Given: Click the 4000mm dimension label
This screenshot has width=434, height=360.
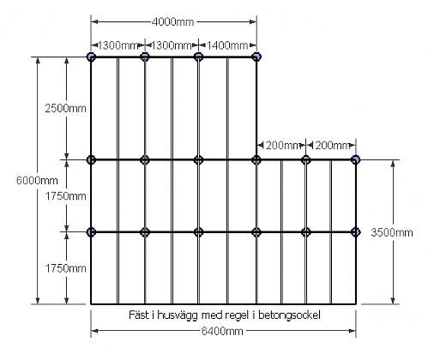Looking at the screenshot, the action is point(172,21).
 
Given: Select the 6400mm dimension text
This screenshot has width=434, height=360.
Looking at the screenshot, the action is point(222,331).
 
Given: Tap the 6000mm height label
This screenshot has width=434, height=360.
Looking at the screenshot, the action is point(37,181).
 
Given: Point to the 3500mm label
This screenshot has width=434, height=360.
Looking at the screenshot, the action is point(392,232).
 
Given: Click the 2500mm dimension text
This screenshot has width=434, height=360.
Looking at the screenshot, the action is point(65,108).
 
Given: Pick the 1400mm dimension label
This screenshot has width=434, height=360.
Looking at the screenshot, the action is point(227,45).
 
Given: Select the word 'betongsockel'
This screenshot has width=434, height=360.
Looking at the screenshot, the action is point(289,315).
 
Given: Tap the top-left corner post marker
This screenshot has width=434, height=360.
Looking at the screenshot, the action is point(91,57).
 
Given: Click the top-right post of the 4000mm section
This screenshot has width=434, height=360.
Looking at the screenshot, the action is point(256,57).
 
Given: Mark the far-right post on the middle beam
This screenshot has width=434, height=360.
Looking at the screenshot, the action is point(356,159).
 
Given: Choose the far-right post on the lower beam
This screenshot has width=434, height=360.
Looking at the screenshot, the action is point(356,232).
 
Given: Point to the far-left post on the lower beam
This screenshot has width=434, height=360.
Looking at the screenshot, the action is point(91,232).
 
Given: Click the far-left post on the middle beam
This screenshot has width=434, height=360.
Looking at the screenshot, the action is point(91,159).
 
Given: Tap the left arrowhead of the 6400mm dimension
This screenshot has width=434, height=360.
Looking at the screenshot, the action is point(94,331).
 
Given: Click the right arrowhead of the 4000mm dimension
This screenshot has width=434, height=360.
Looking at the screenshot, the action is point(253,21).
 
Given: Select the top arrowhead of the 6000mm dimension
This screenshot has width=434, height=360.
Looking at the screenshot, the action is point(38,61).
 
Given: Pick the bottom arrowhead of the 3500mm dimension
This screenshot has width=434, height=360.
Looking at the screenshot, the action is point(393,301).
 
